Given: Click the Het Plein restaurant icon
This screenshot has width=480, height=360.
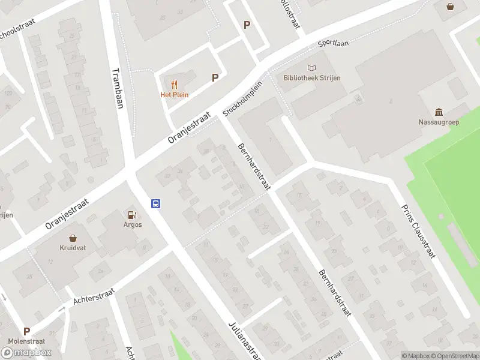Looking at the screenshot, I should pyautogui.click(x=174, y=84).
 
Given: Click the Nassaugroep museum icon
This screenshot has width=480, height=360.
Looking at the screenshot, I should pyautogui.click(x=439, y=112).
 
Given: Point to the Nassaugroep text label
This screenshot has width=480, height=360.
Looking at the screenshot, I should pyautogui.click(x=439, y=122).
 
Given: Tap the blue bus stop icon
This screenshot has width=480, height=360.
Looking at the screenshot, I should pyautogui.click(x=155, y=203).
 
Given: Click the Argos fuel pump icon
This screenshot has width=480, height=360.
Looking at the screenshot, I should pyautogui.click(x=132, y=215).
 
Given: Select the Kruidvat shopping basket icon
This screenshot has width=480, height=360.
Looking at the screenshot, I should pyautogui.click(x=73, y=238).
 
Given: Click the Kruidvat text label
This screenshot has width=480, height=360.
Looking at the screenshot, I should pyautogui.click(x=73, y=247).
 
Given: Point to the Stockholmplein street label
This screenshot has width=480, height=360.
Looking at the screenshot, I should pyautogui.click(x=242, y=99).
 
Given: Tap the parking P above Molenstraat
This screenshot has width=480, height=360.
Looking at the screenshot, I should pyautogui.click(x=26, y=331).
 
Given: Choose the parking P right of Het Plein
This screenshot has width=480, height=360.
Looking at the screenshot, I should pyautogui.click(x=215, y=77).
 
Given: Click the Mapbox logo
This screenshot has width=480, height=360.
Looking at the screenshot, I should pyautogui.click(x=26, y=352).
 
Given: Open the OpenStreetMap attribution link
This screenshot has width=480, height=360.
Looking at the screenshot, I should pyautogui.click(x=455, y=356).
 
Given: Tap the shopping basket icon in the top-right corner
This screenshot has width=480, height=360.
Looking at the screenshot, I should pyautogui.click(x=451, y=7).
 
